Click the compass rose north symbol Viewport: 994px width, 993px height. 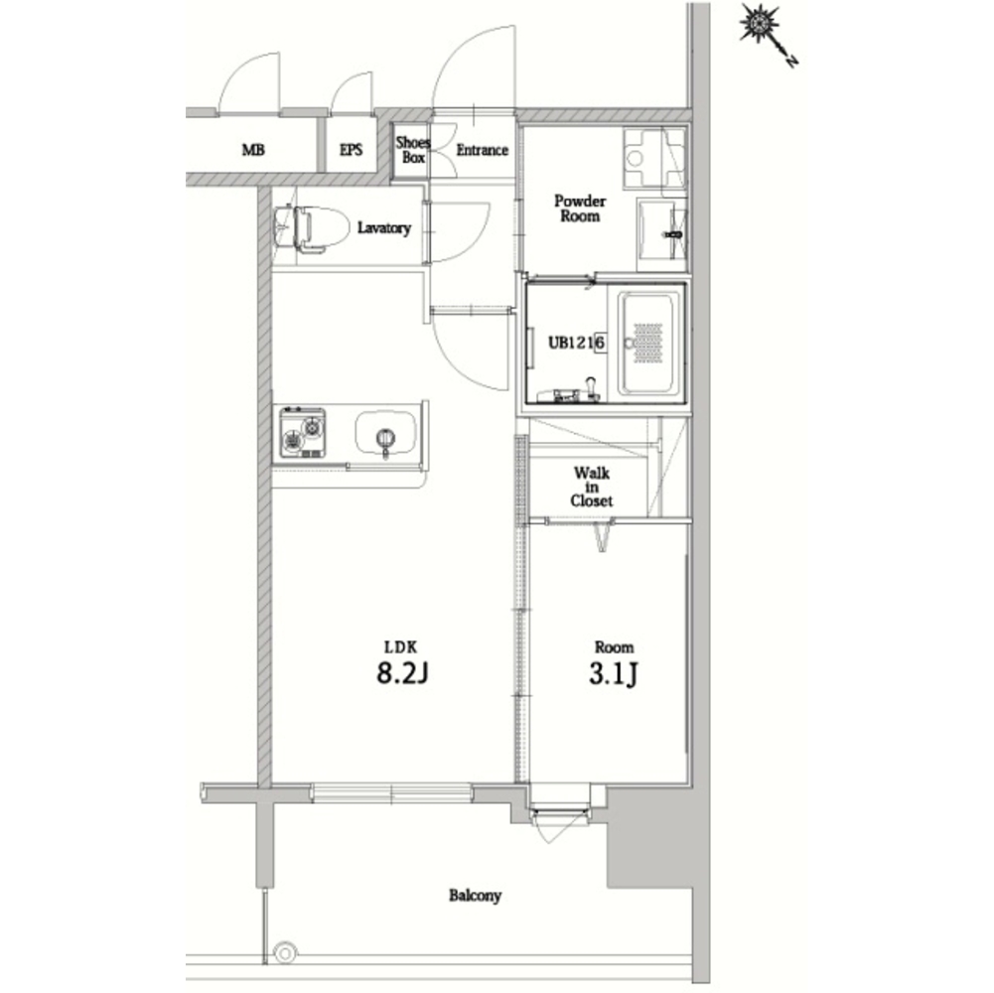[x=768, y=34]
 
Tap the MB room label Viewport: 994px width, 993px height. [x=253, y=150]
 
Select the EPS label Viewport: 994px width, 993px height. [x=351, y=150]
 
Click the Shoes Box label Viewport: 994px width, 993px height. [x=413, y=150]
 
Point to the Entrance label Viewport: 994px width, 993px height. [x=482, y=150]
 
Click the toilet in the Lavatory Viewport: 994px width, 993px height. [x=311, y=228]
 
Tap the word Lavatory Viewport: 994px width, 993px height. [x=383, y=227]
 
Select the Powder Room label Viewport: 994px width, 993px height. [x=579, y=209]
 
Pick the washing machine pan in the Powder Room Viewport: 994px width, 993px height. [x=654, y=158]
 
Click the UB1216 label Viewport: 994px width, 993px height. [x=576, y=343]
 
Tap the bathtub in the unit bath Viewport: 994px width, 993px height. [x=647, y=343]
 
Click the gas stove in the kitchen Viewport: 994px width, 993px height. [x=303, y=433]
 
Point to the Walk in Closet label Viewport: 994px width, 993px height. [x=592, y=487]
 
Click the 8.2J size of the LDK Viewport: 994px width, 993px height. [x=402, y=673]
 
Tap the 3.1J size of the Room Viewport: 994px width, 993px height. [x=613, y=674]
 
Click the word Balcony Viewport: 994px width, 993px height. [x=475, y=896]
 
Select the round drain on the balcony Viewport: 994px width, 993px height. [x=285, y=952]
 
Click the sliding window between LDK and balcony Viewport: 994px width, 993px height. [x=392, y=792]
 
